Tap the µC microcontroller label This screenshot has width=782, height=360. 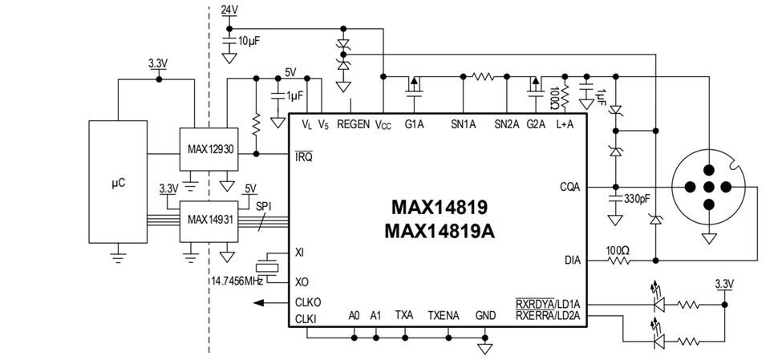[x=117, y=183]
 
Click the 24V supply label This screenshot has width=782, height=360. [x=229, y=10]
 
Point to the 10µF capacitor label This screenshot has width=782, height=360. [x=248, y=38]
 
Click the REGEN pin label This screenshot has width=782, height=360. [x=353, y=124]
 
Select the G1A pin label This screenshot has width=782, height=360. [x=414, y=124]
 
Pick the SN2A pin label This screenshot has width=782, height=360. [x=506, y=124]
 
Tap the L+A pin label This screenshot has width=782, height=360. [x=565, y=124]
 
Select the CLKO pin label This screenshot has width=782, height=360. [x=309, y=302]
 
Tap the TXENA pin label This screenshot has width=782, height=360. [x=443, y=315]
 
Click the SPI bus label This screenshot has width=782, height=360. [x=265, y=206]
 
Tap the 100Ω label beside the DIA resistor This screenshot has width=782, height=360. [x=618, y=250]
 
